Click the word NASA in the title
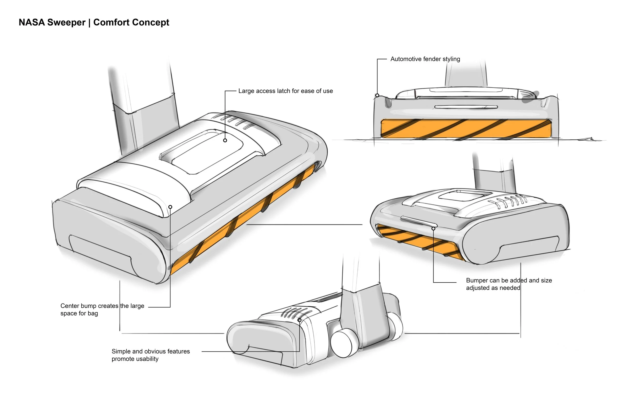click(32, 22)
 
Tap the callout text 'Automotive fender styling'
click(425, 59)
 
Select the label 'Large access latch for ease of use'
click(285, 91)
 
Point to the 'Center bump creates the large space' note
click(102, 309)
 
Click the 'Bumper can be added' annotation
click(509, 284)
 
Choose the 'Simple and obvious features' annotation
click(151, 355)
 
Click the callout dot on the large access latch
click(225, 140)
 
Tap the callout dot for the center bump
click(170, 207)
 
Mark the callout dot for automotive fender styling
click(377, 95)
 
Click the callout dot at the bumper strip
click(433, 228)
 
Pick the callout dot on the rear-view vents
click(300, 320)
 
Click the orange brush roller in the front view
click(466, 128)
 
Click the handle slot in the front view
click(466, 107)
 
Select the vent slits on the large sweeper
click(234, 121)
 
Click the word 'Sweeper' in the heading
click(66, 22)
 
